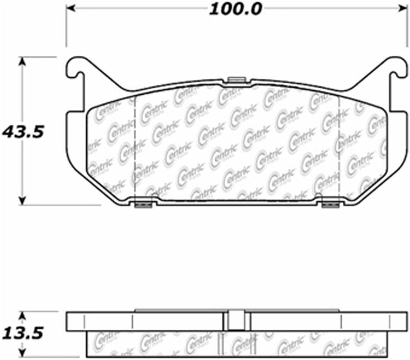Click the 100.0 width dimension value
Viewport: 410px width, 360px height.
[x=235, y=8]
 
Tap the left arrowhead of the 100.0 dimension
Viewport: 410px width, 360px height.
[x=70, y=8]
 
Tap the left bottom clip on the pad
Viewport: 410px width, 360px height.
[x=143, y=204]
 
